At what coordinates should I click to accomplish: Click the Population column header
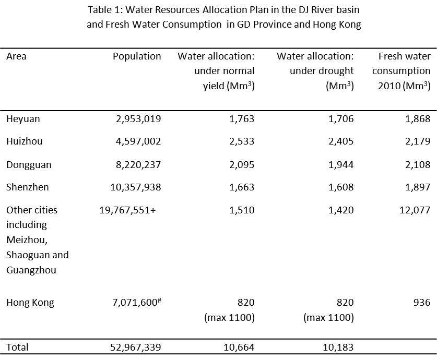137,56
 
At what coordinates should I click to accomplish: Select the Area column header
16,56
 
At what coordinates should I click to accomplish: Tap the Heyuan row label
23,119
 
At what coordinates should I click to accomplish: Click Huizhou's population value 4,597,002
138,141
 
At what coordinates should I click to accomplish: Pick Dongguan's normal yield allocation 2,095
242,164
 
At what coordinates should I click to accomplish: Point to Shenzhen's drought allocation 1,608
341,187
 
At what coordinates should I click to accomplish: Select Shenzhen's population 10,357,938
136,187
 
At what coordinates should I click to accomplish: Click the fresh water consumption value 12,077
415,210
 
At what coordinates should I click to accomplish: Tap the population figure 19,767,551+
127,210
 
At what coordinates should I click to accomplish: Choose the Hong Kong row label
30,303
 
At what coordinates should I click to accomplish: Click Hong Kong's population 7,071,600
135,303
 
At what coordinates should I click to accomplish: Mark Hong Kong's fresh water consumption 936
422,303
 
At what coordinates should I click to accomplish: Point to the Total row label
17,347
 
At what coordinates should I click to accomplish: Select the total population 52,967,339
136,347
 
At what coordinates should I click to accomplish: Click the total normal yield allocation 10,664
239,347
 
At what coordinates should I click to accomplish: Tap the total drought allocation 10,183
338,347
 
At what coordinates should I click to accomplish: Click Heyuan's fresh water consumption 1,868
418,119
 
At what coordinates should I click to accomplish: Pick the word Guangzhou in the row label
31,270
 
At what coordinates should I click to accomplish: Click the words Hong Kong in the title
337,25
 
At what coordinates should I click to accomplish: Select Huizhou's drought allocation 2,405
341,141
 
